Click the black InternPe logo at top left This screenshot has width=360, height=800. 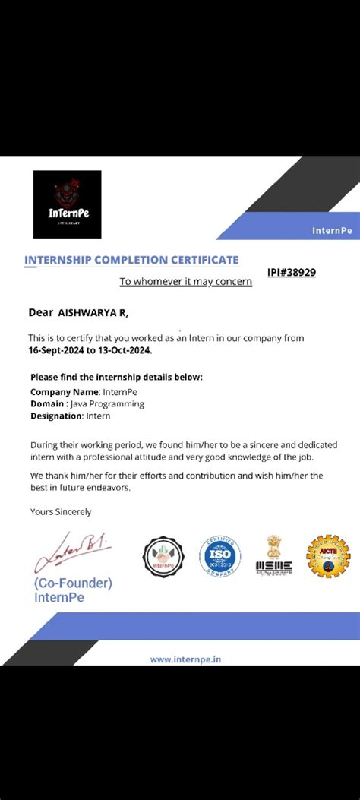[67, 204]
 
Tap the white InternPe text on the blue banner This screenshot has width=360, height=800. [332, 230]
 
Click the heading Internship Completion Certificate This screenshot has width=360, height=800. [131, 260]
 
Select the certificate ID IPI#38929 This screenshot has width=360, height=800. [291, 272]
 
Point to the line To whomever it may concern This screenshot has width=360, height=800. [185, 282]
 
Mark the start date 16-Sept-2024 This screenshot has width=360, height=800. [58, 350]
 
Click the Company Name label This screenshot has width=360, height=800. [64, 392]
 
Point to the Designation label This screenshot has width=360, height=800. [56, 416]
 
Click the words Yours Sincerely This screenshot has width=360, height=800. [60, 511]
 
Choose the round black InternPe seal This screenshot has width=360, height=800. [163, 557]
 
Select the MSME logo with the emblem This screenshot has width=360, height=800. [273, 557]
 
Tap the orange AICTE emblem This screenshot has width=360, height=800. [328, 557]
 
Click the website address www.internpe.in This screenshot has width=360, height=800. [185, 659]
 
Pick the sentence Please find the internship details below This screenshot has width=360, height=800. [116, 377]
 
